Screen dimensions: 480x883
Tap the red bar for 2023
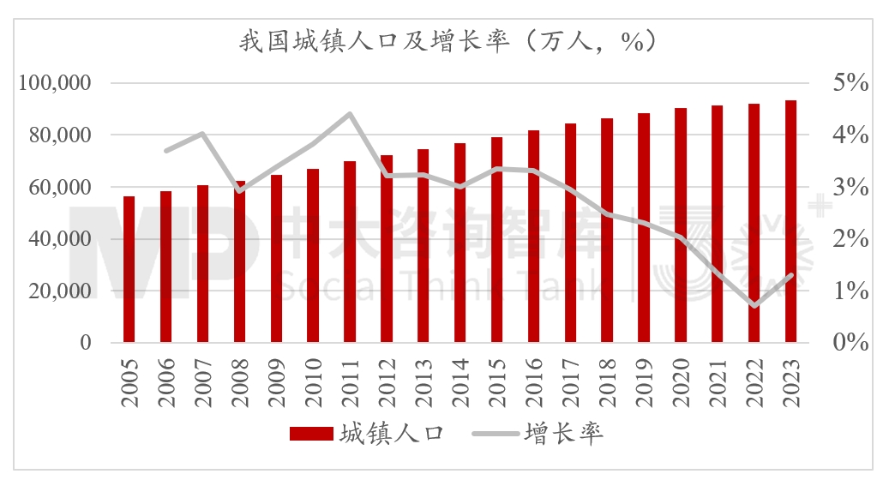[791, 221]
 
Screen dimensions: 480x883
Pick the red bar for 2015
[497, 239]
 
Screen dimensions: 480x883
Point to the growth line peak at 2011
[350, 113]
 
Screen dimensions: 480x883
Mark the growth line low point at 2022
[754, 306]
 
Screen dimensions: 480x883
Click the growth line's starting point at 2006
[166, 150]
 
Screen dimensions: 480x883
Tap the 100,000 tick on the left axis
[55, 83]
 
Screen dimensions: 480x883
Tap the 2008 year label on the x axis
[239, 376]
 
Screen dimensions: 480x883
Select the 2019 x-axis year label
[644, 376]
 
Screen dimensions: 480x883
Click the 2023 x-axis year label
[791, 376]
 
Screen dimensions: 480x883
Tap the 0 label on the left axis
[85, 343]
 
